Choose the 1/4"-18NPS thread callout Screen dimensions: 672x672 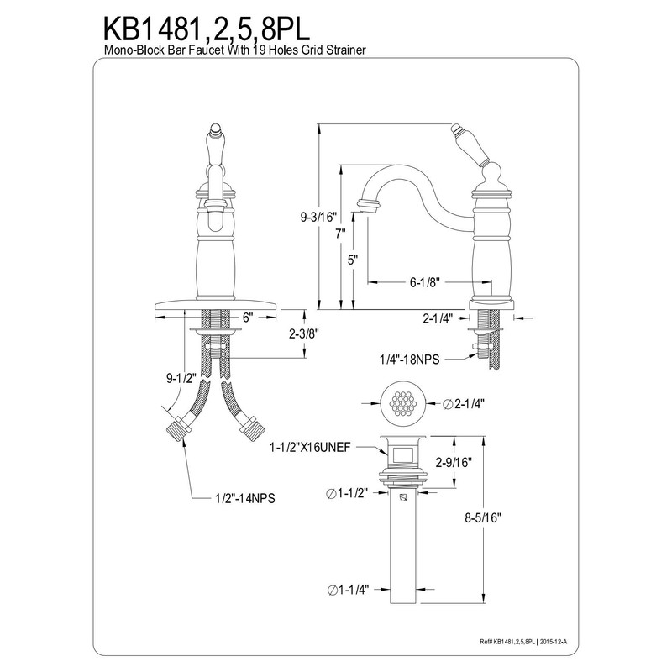(409, 359)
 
